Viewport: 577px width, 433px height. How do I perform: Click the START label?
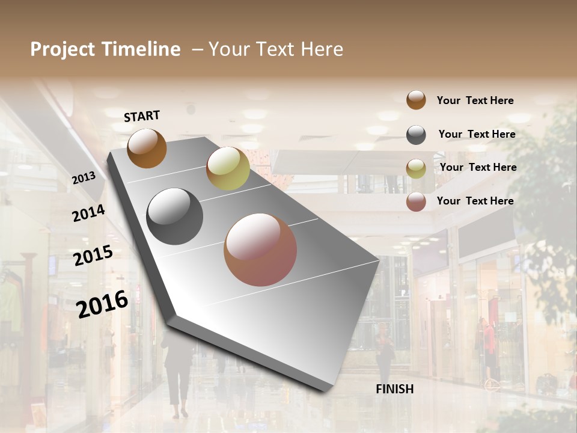coord(142,116)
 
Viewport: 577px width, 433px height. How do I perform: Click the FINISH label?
coord(394,389)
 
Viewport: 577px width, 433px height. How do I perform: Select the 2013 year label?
coord(84,177)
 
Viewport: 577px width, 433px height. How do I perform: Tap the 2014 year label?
coord(88,213)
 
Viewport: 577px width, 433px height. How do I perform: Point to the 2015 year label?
coord(93,256)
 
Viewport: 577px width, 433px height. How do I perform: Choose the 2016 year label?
coord(103,304)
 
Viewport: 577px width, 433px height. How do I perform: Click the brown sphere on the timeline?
coord(147,148)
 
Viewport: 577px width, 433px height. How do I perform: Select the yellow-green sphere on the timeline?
coord(228,168)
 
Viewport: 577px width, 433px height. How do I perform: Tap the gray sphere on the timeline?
coord(175,216)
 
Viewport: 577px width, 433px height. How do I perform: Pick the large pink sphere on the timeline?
coord(260,250)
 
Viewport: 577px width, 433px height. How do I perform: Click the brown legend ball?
coord(416,100)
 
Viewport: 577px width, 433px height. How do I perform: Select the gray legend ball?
coord(416,135)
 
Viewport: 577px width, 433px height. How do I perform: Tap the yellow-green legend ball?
coord(416,168)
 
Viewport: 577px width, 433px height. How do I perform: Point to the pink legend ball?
coord(416,201)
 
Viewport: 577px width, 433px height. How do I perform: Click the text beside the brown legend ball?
coord(475,100)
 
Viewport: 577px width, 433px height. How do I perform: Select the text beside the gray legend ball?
coord(477,134)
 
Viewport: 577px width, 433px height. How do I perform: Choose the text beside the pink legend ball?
coord(475,201)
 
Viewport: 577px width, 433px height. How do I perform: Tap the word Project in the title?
coord(63,49)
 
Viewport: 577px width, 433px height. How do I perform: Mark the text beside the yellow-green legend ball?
coord(478,167)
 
